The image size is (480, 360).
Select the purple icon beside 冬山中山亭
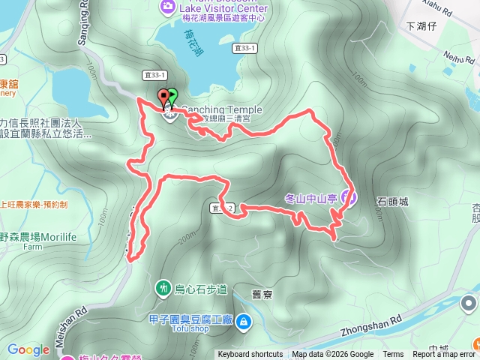[346, 198]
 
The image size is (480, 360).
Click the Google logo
[28, 349]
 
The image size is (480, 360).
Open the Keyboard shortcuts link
[250, 355]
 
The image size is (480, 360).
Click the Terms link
[393, 355]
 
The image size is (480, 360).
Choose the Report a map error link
[442, 355]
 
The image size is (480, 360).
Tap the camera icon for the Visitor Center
[166, 7]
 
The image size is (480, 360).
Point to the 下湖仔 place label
[421, 25]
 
